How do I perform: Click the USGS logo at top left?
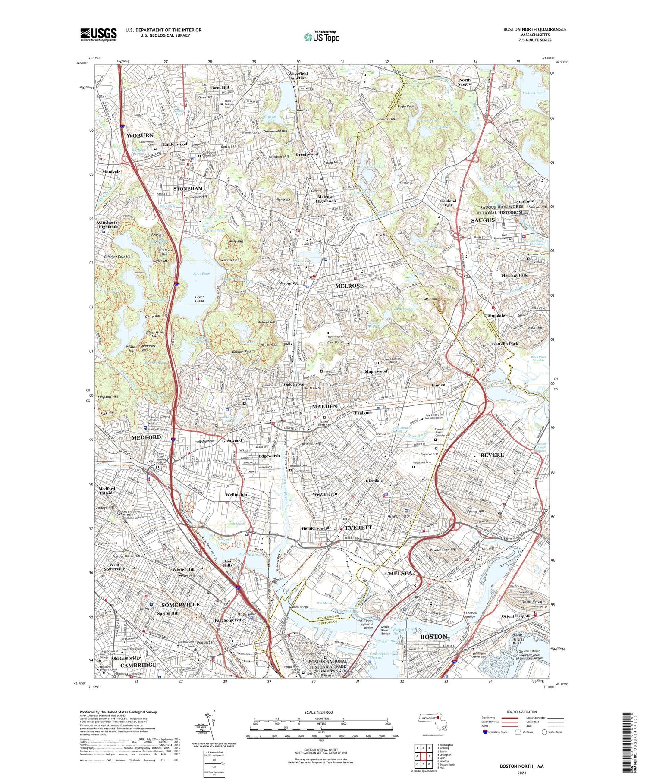98,35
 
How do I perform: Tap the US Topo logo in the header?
322,37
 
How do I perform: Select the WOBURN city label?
140,135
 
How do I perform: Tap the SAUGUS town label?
482,220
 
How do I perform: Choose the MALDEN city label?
324,407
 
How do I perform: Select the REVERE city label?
492,455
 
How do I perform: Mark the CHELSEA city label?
398,573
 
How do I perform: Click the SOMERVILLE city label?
180,605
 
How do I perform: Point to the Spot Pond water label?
202,273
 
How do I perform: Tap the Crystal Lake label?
270,119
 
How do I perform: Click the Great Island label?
199,298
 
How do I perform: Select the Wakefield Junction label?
298,75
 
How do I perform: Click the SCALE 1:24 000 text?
317,712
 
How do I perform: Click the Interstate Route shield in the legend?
485,732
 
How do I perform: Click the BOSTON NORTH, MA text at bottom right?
521,766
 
